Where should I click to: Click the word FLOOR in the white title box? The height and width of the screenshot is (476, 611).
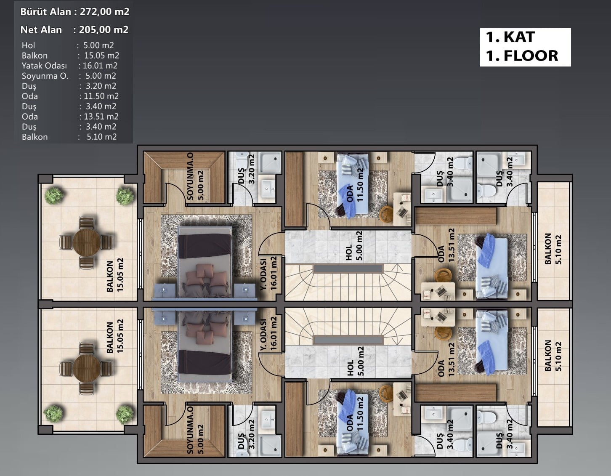[x=531, y=56]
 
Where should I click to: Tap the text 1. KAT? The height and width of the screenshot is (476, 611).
[x=510, y=37]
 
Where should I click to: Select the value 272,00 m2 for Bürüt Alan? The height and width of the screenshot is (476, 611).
[x=105, y=11]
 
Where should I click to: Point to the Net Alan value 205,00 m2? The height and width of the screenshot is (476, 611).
[x=104, y=29]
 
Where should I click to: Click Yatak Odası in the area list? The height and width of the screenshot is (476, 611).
[x=45, y=66]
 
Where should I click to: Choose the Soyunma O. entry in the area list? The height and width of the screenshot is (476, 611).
[x=45, y=76]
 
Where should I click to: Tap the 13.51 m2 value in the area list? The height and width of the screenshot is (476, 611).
[x=101, y=117]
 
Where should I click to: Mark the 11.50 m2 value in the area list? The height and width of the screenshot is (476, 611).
[x=101, y=96]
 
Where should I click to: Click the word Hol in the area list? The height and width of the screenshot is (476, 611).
[x=28, y=45]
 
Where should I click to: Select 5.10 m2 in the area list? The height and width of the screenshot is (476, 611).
[x=101, y=137]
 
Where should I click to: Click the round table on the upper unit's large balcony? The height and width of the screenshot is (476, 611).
[x=86, y=242]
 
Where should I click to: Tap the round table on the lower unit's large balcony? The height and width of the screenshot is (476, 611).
[x=86, y=368]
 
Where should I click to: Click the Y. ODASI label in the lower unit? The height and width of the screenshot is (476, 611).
[x=263, y=335]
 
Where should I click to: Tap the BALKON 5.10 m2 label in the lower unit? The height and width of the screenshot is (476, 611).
[x=553, y=356]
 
